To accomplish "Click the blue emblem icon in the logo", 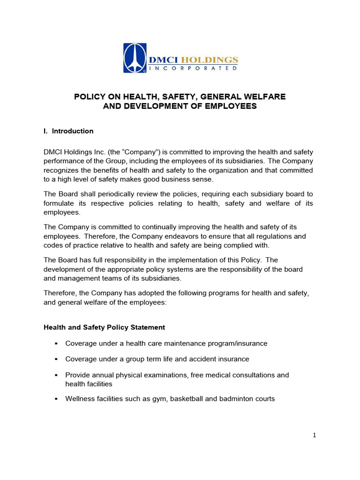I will (135, 58).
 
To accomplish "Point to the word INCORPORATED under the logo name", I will (193, 68).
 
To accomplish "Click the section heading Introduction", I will (73, 131).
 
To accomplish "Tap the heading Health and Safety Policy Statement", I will (104, 327).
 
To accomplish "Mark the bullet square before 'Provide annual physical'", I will (56, 375).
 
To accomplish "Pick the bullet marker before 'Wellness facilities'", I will (56, 399).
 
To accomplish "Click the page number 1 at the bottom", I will (315, 435).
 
